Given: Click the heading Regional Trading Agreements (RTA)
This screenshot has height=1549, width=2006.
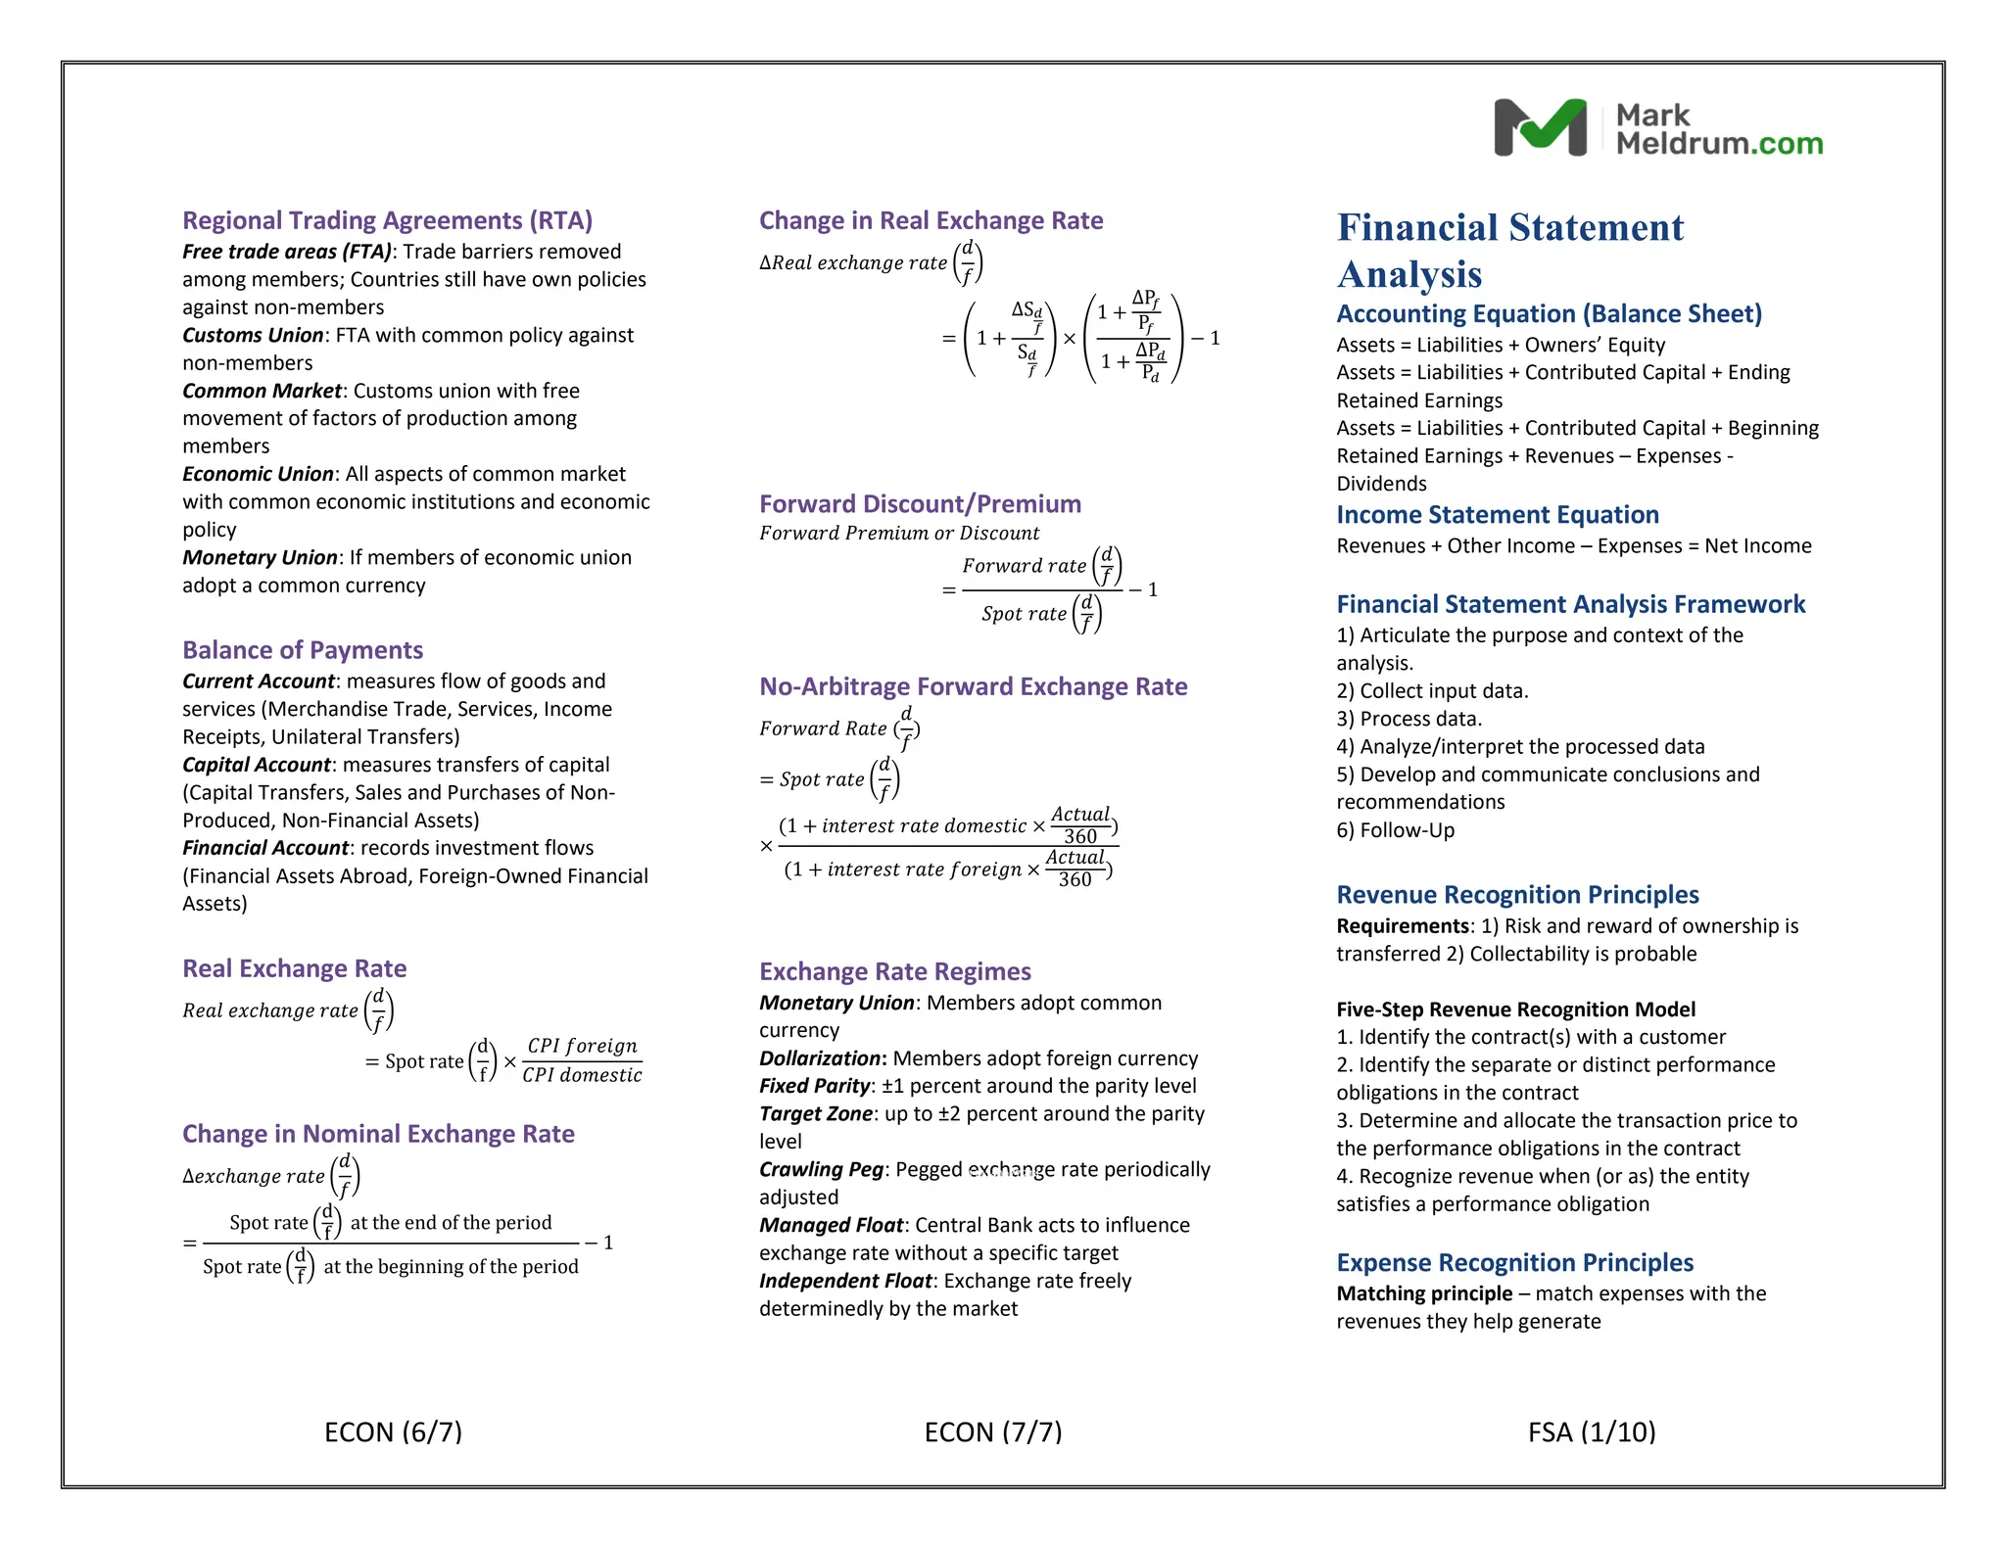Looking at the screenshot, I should point(387,220).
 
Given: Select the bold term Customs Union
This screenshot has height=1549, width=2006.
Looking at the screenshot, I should point(253,335).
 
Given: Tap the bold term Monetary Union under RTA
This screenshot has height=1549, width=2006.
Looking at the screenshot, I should point(260,557).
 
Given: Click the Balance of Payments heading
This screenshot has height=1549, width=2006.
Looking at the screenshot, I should point(303,650).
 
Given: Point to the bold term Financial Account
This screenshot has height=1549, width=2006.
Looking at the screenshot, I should point(265,848).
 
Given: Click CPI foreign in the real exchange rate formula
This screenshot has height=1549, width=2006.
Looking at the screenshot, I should point(582,1046).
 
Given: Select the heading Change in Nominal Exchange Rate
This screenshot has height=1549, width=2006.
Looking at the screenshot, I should point(378,1134).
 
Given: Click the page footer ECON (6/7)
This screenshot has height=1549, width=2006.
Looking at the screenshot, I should point(393,1432).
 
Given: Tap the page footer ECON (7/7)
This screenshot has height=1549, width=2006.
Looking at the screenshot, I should point(992,1432).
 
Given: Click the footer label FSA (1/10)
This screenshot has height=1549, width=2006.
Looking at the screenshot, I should point(1591,1432).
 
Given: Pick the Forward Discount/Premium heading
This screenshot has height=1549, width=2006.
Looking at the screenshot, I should point(920,504).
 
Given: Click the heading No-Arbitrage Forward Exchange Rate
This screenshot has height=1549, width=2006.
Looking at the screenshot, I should point(973,686).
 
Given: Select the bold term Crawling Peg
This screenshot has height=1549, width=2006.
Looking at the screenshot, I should point(821,1169).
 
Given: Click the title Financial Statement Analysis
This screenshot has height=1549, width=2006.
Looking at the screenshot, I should point(1509,251).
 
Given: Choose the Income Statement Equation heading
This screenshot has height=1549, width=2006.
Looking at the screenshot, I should point(1497,515).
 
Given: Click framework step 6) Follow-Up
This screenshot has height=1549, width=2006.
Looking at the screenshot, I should point(1395,830).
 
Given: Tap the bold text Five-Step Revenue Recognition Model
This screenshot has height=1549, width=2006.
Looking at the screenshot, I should point(1514,1009).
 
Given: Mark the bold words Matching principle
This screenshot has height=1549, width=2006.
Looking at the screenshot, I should point(1423,1293).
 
